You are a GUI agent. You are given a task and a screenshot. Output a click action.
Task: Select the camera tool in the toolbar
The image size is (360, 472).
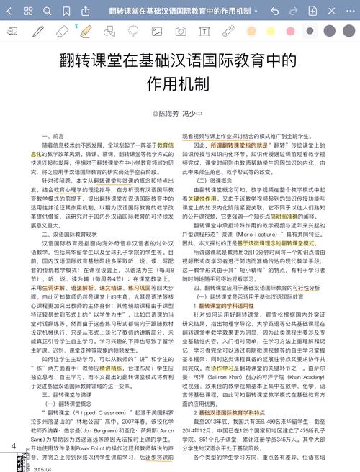coord(181,32)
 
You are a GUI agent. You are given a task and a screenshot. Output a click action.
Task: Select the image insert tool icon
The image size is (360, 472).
coord(156,32)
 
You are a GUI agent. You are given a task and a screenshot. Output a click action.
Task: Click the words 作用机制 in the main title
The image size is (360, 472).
coord(179,83)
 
